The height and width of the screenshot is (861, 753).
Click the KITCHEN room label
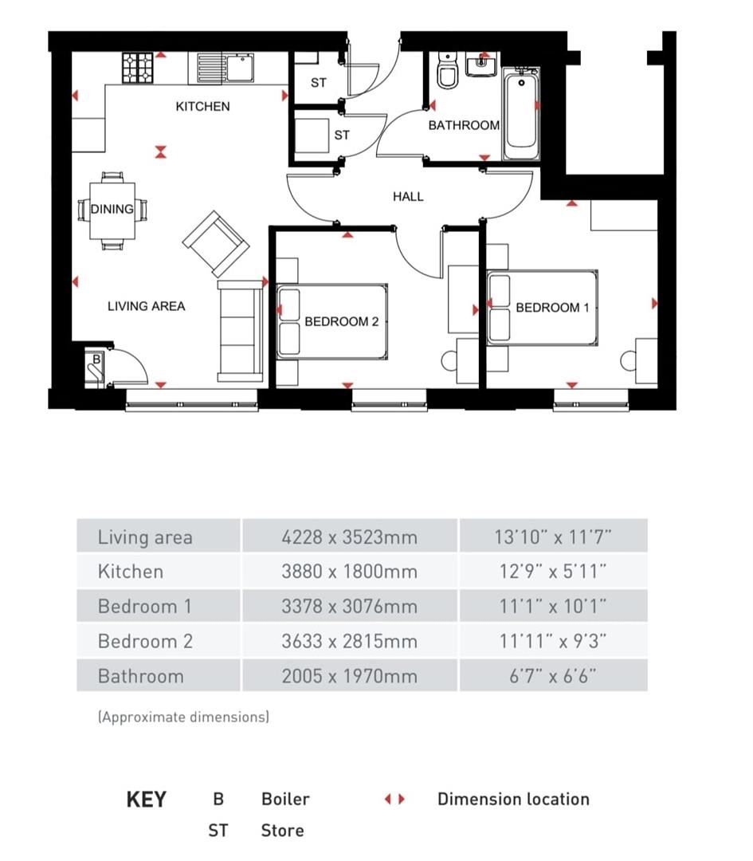click(202, 107)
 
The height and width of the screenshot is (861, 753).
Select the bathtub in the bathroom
click(521, 113)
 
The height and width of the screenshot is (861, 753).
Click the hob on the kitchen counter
click(137, 67)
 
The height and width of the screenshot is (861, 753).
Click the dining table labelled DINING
click(112, 210)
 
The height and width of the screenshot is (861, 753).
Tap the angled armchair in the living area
click(216, 243)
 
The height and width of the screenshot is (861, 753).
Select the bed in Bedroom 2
click(332, 321)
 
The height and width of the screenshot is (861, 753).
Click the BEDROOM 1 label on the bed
click(552, 308)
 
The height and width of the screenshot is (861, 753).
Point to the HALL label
click(408, 197)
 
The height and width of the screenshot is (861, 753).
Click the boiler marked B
click(94, 367)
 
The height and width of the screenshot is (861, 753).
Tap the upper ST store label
click(318, 83)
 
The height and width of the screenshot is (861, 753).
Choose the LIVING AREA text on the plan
click(146, 306)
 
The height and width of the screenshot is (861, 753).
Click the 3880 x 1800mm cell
click(350, 572)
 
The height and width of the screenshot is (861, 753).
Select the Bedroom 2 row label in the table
click(145, 641)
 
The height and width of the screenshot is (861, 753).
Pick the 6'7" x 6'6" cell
click(553, 676)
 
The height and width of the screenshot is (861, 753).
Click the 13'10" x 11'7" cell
click(553, 537)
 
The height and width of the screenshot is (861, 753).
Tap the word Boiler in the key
click(285, 799)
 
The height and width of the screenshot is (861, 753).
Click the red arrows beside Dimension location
click(394, 799)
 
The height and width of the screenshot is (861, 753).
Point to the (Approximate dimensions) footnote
click(183, 717)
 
